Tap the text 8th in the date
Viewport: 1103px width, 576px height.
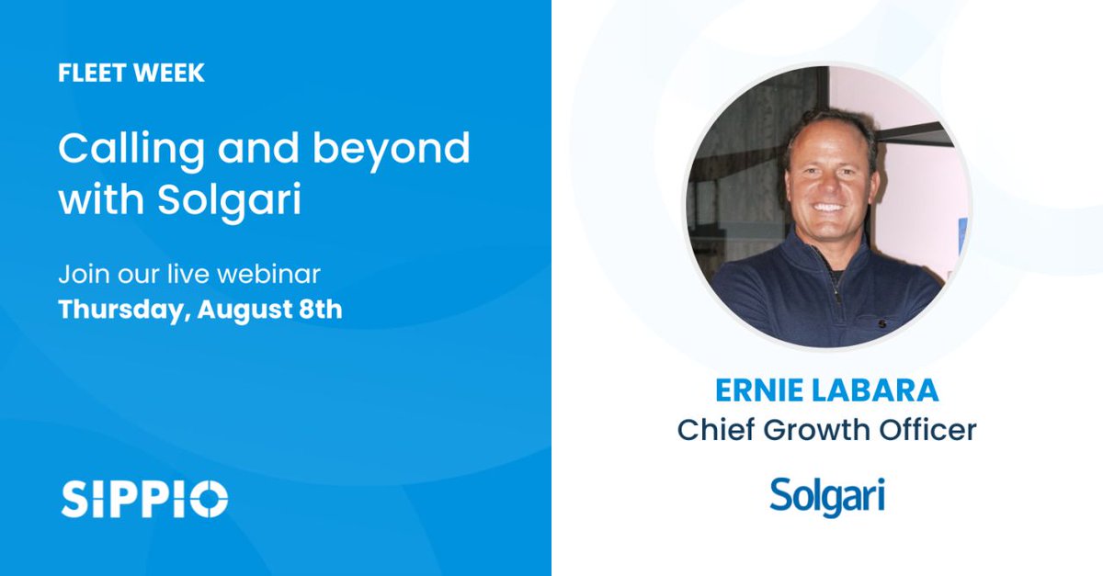[x=321, y=309]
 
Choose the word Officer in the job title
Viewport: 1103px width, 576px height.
[x=929, y=430]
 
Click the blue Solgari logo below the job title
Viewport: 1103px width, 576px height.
[x=827, y=496]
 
